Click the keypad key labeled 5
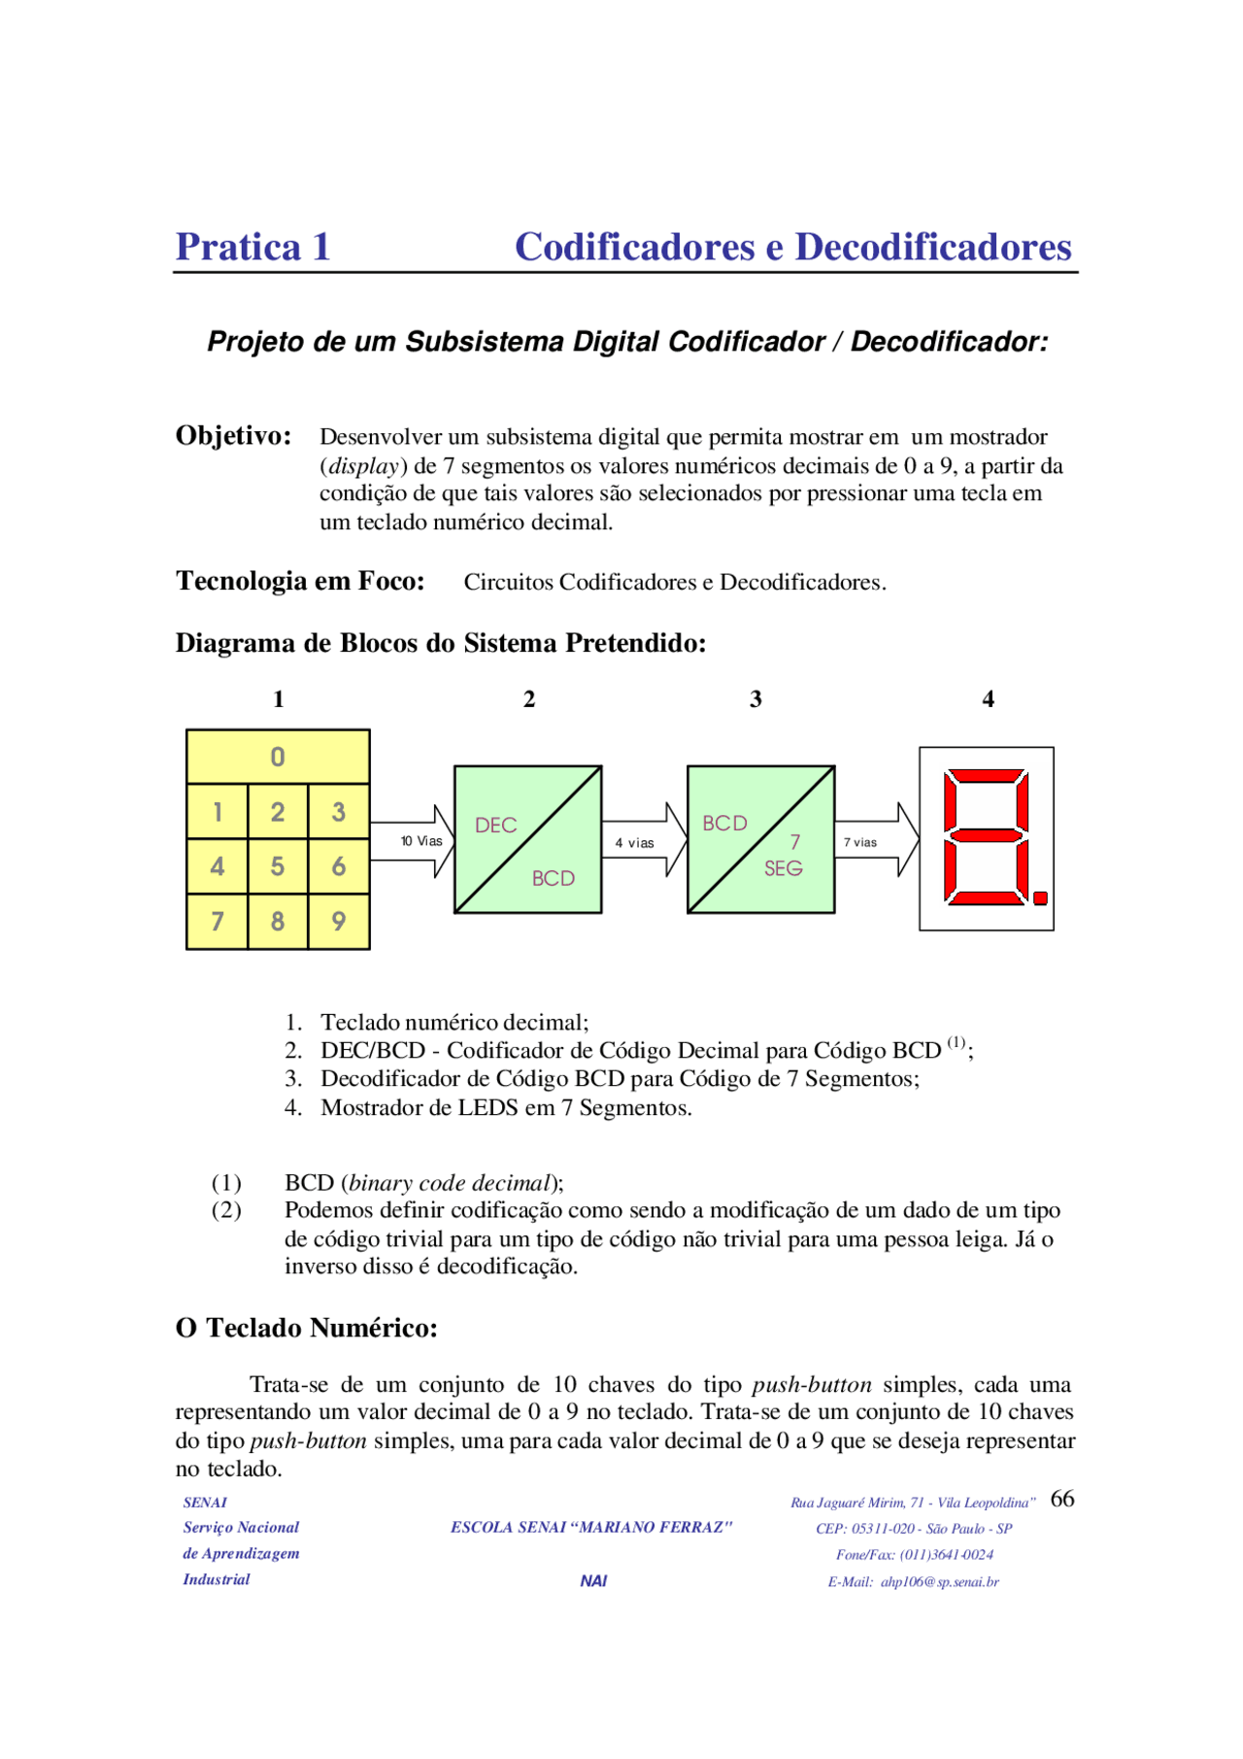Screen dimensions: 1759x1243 pos(278,866)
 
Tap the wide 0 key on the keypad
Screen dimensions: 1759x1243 pos(278,757)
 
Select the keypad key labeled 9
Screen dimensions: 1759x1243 pos(338,921)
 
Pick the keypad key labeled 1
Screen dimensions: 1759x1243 pos(218,812)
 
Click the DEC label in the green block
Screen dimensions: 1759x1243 pos(495,826)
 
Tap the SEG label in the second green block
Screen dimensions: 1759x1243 pos(783,868)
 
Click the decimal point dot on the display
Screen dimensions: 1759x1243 pos(1041,898)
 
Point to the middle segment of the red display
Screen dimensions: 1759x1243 pos(986,836)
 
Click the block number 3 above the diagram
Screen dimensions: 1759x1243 pos(756,699)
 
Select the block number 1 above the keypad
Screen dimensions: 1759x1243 pos(279,699)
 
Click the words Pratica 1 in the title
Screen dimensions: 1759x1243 pos(252,247)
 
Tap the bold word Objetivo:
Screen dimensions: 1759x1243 pos(233,436)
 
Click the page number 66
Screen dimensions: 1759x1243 pos(1062,1499)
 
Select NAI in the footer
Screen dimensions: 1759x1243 pos(593,1581)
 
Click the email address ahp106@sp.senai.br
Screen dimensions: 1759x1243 pos(939,1582)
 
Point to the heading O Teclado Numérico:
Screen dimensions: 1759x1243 pos(306,1328)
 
